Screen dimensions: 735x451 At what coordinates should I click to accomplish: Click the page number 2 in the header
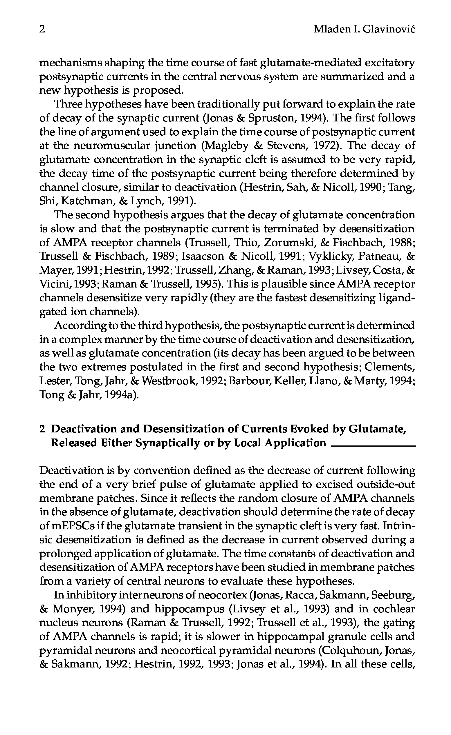point(42,29)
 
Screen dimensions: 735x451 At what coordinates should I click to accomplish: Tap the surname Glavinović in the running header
point(389,29)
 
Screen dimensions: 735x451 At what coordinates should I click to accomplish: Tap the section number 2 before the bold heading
point(42,429)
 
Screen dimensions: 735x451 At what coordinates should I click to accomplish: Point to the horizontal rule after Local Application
point(373,446)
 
